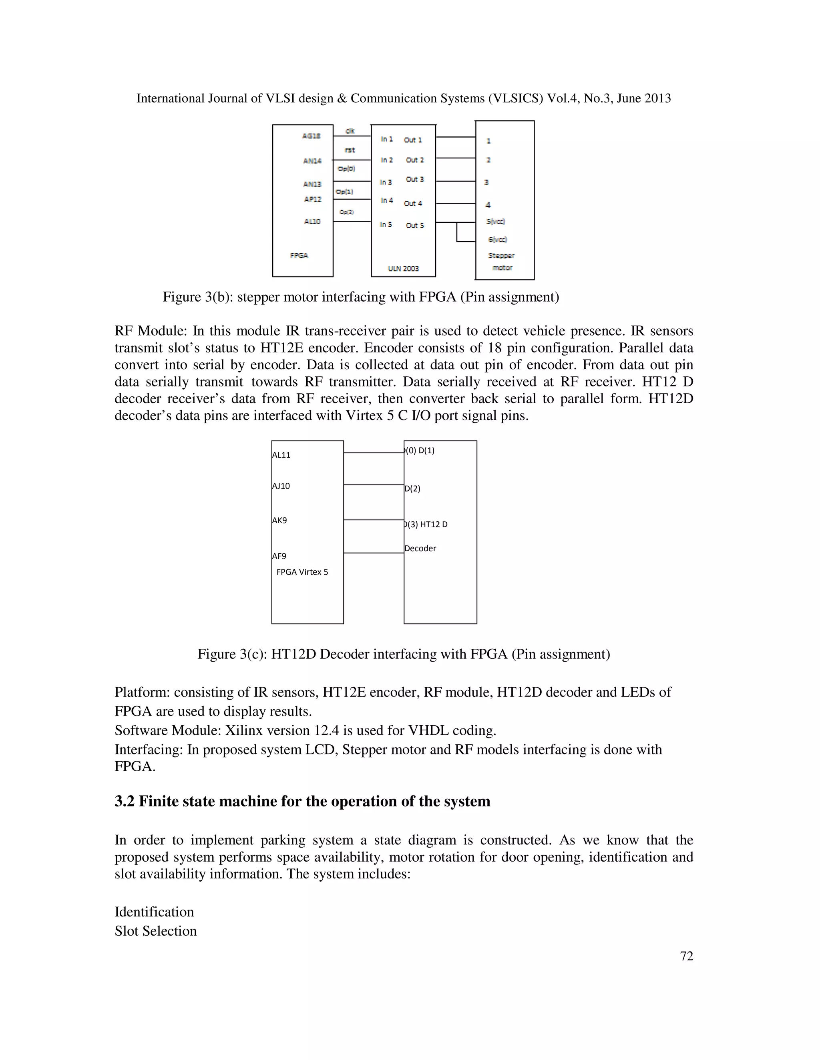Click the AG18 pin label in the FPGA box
312,136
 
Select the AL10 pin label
312,221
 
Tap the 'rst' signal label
350,150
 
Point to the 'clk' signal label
350,130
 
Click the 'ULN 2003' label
403,268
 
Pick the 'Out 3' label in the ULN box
415,179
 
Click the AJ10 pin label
281,486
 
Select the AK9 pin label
279,520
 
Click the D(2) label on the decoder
412,488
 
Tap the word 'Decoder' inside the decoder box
420,548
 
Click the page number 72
686,956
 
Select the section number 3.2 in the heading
125,801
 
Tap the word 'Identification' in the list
154,912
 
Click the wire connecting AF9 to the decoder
374,553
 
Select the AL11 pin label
281,455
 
